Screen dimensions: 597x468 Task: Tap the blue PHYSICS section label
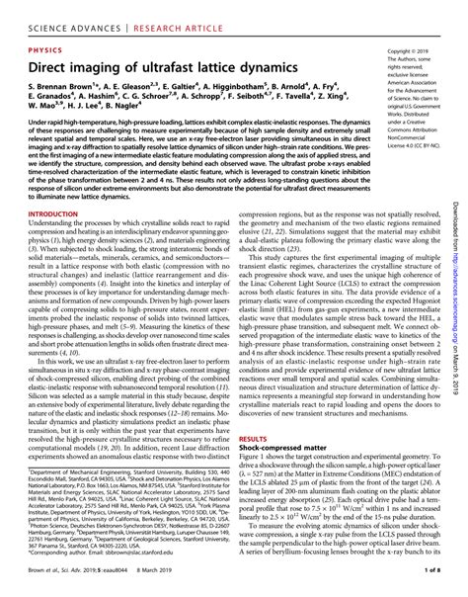(39, 47)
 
